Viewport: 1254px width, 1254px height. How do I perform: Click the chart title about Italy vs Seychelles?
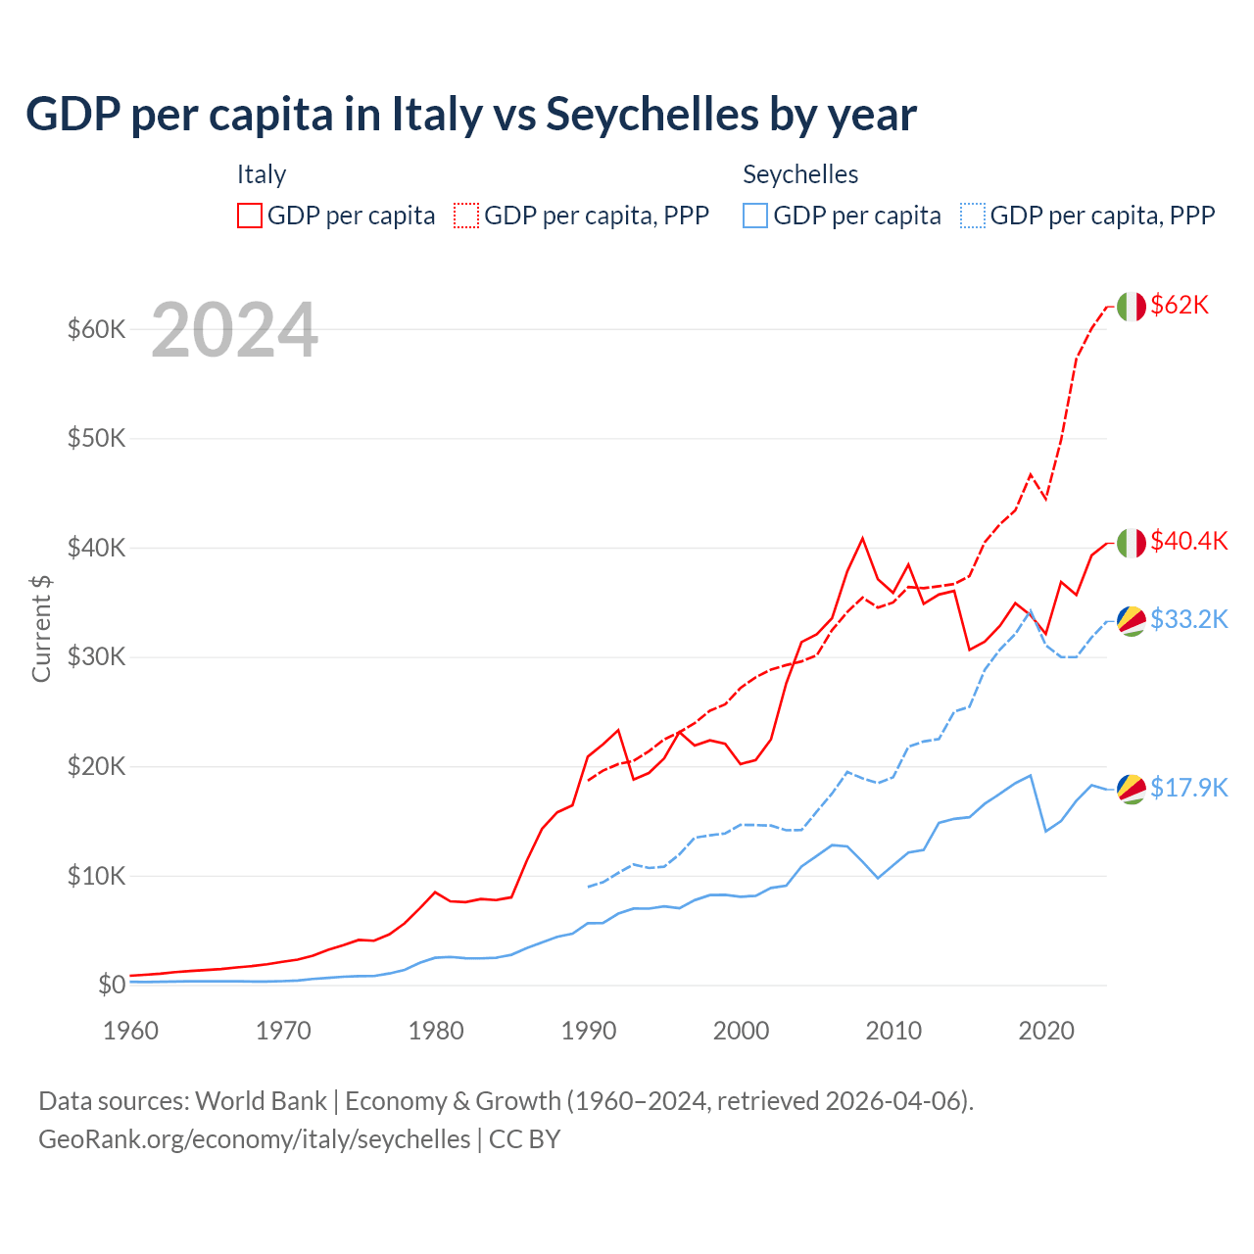tap(471, 115)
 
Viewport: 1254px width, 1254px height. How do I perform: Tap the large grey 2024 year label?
tap(235, 330)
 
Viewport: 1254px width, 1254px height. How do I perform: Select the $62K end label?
tap(1180, 305)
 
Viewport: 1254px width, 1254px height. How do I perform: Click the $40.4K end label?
tap(1188, 541)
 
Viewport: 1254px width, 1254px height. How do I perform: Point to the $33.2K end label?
tap(1188, 619)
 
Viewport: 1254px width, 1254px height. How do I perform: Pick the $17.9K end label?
tap(1188, 788)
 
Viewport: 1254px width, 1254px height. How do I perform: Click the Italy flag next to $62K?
tap(1131, 307)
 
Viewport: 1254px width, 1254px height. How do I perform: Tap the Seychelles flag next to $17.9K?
tap(1132, 789)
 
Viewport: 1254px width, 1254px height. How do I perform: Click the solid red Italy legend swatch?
tap(250, 216)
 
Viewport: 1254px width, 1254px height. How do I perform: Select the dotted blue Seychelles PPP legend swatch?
tap(973, 216)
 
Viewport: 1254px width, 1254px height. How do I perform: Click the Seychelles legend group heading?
tap(800, 174)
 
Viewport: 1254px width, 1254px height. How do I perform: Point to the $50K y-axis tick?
tap(97, 438)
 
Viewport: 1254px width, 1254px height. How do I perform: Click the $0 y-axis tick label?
tap(112, 985)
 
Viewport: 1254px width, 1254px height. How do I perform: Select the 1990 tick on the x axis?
tap(589, 1031)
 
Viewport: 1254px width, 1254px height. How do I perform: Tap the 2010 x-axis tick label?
tap(893, 1031)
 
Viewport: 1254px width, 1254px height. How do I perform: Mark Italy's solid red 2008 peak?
tap(862, 538)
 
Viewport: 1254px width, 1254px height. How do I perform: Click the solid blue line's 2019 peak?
tap(1030, 776)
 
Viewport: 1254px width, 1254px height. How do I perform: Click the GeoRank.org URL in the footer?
tap(255, 1138)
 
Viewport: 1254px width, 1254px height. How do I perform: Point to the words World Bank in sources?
tap(261, 1101)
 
